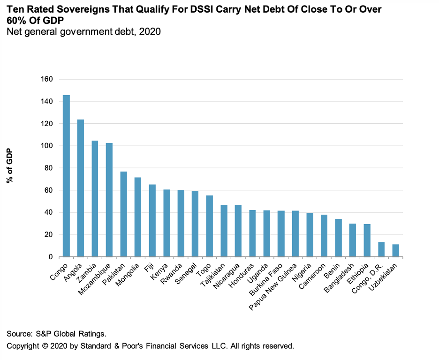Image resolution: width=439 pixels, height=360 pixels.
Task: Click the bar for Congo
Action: click(x=66, y=176)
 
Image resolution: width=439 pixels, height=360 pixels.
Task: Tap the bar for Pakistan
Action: click(x=124, y=214)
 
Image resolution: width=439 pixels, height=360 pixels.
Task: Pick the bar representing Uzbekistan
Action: click(x=396, y=251)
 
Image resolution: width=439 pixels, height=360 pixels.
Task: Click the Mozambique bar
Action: click(x=109, y=200)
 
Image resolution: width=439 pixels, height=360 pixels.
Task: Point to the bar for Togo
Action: click(x=210, y=226)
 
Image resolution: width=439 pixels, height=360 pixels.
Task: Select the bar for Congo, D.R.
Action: click(x=381, y=249)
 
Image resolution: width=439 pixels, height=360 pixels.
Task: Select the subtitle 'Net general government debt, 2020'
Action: click(x=83, y=32)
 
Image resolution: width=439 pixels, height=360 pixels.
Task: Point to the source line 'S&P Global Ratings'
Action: click(x=71, y=334)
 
